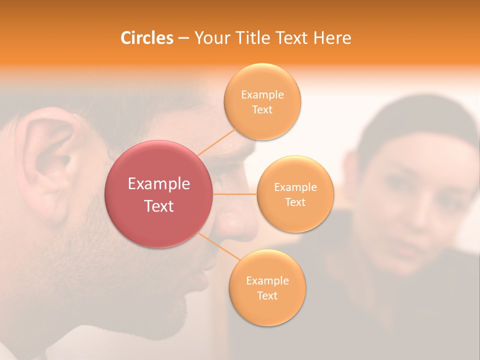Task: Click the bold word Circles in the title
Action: click(147, 38)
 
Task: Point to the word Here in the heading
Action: click(332, 38)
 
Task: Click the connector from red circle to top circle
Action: click(216, 142)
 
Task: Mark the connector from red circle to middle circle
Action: click(235, 194)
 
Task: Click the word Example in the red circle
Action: click(159, 184)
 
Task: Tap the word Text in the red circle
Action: click(159, 206)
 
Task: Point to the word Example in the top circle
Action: click(262, 95)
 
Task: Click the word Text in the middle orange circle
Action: click(295, 202)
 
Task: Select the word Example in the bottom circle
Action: click(267, 281)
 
